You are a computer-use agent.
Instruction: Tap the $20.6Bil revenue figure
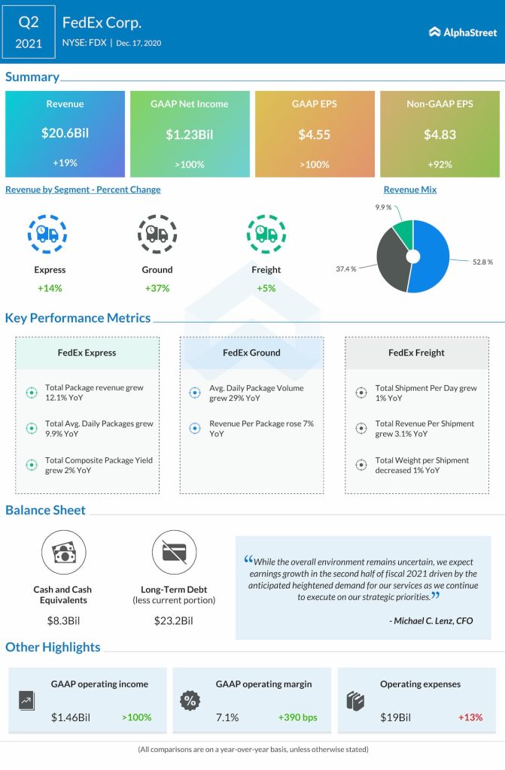tap(65, 134)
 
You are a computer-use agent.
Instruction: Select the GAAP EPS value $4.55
tap(315, 134)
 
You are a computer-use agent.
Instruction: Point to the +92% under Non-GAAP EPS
tap(440, 164)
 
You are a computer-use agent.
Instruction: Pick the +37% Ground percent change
tap(157, 288)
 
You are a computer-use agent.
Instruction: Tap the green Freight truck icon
tap(266, 234)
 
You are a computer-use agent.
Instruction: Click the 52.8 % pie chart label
tap(482, 262)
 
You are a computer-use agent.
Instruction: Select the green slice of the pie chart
tap(403, 235)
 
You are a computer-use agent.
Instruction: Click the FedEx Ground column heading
tap(251, 352)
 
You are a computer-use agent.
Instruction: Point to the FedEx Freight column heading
tap(416, 352)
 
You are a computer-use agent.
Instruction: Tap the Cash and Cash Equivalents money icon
tap(62, 552)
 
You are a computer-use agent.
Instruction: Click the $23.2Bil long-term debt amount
tap(174, 620)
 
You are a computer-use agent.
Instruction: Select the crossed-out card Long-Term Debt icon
tap(174, 552)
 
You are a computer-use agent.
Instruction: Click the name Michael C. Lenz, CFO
tap(433, 621)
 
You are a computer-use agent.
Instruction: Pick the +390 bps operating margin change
tap(298, 717)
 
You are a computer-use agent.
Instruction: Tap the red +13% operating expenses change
tap(470, 717)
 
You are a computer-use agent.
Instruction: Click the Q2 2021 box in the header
tap(29, 32)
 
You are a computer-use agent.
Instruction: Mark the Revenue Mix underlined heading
tap(409, 189)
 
